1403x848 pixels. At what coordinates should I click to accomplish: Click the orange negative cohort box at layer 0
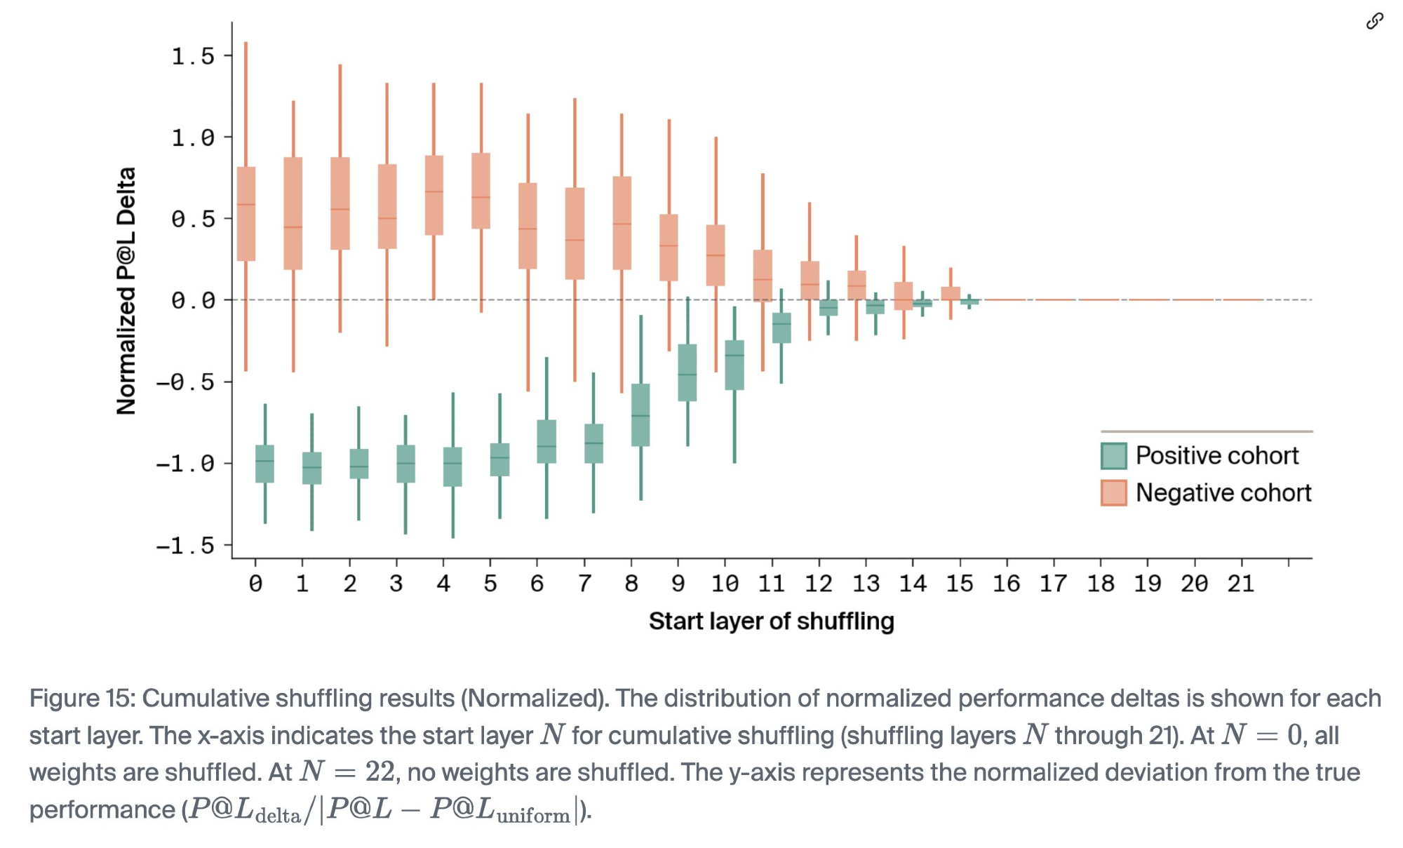coord(246,214)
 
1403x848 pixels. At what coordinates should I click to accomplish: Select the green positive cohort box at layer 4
coord(452,466)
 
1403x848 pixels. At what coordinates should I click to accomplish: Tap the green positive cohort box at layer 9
coord(687,372)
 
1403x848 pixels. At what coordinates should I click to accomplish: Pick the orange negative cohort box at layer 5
coord(481,191)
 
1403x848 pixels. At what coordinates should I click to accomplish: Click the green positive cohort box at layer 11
coord(781,328)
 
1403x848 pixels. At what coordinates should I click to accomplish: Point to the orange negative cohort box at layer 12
coord(810,280)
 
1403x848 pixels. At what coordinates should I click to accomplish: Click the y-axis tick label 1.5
coord(193,57)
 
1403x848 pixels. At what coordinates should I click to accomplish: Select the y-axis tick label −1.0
coord(185,464)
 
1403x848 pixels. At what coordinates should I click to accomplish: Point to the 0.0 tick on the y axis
coord(193,301)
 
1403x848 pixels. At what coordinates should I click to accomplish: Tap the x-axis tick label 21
coord(1241,584)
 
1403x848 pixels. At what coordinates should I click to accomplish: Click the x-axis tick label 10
coord(725,584)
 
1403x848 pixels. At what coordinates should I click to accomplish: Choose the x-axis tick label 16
coord(1006,584)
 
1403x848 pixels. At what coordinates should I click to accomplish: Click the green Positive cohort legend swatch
coord(1114,456)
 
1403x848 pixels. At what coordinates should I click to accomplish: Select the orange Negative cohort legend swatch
coord(1114,493)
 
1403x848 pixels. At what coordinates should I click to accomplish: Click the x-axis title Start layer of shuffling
coord(771,621)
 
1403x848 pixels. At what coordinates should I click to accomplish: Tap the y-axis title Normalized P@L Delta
coord(126,291)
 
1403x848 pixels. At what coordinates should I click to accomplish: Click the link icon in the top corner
coord(1374,22)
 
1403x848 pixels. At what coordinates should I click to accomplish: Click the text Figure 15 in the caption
coord(82,699)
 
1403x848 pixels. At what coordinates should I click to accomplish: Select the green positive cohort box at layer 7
coord(593,443)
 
